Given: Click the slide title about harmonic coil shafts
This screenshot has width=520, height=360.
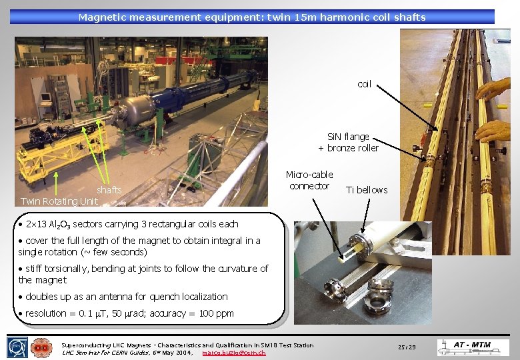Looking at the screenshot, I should point(252,17).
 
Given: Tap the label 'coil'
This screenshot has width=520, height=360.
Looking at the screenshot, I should point(364,84).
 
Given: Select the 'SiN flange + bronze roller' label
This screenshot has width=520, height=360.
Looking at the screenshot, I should point(348,142).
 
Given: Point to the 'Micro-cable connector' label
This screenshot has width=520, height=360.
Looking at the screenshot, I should point(309,180).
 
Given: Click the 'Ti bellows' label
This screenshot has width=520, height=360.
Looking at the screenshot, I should point(367,190).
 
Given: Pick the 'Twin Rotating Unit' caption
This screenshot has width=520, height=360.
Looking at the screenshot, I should point(59,201).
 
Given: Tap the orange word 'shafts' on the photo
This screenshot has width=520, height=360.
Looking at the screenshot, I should point(109,190).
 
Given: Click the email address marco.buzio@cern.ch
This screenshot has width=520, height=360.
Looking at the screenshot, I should point(233,352).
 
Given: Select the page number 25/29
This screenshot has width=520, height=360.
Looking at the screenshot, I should point(407,347).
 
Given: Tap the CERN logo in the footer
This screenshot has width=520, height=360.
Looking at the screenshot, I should point(17,347).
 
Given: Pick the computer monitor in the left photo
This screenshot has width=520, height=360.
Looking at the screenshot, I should point(46,96).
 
